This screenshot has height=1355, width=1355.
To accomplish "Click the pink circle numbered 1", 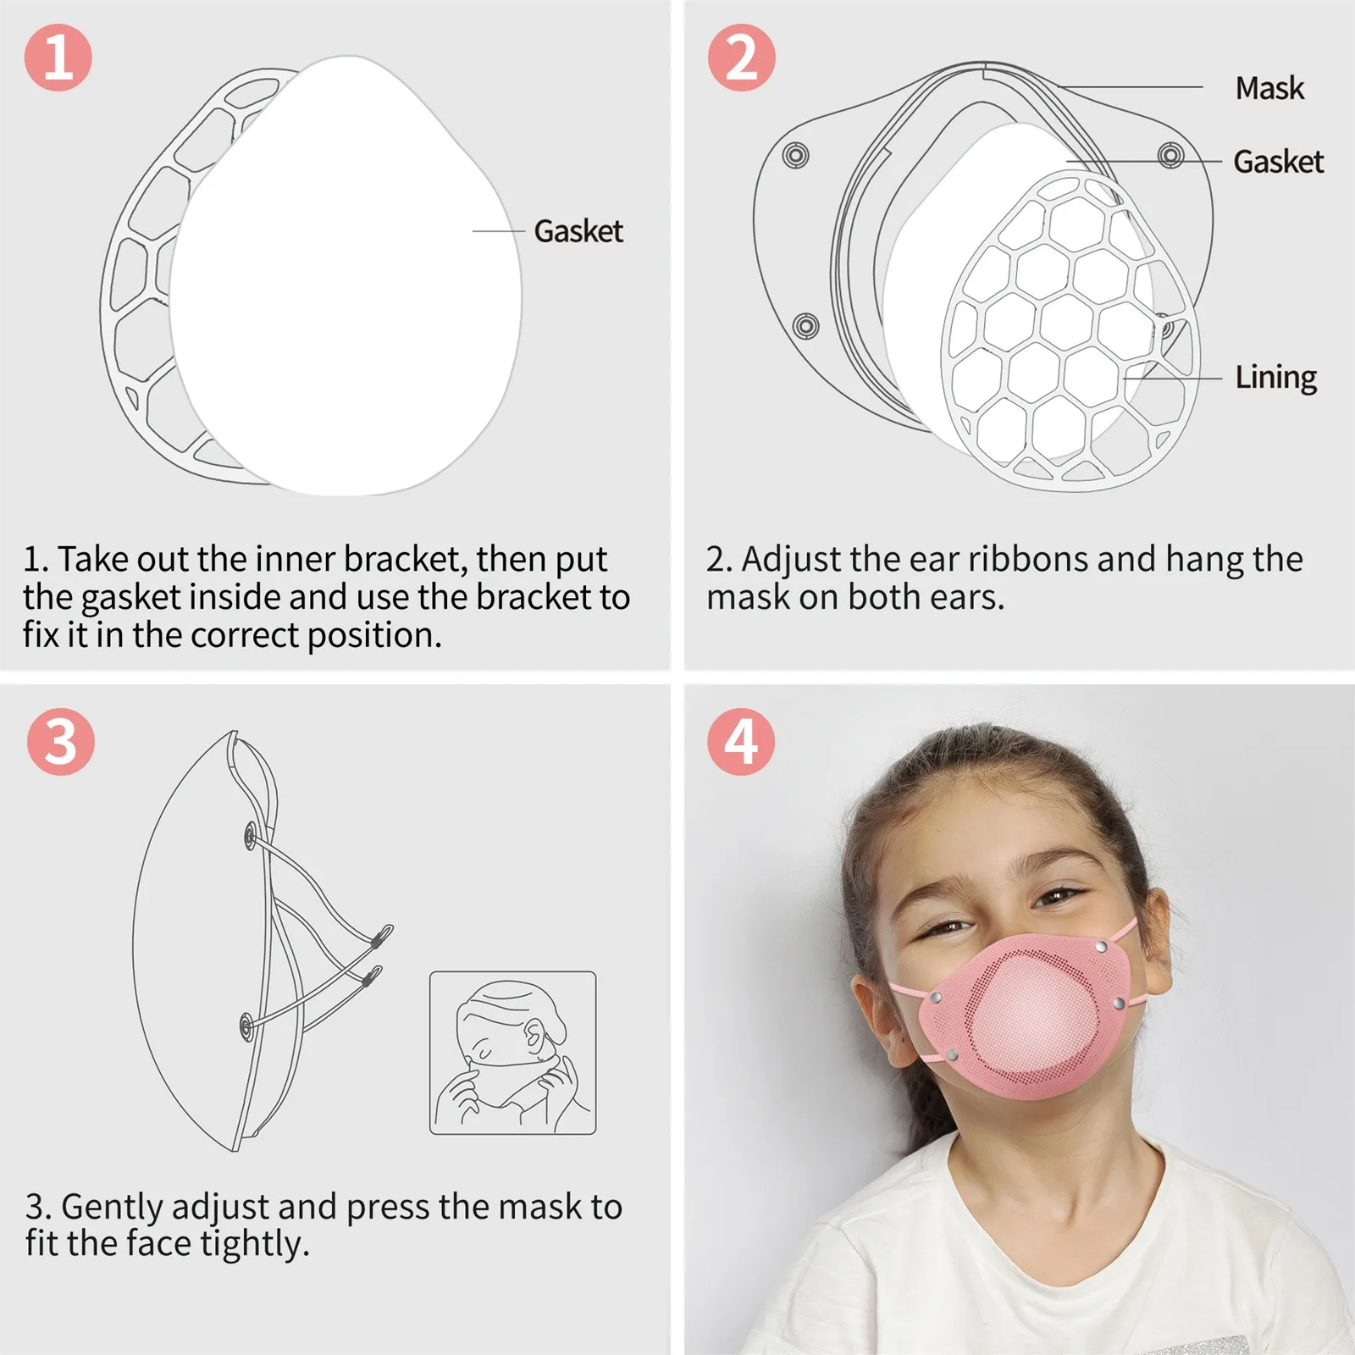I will [x=58, y=58].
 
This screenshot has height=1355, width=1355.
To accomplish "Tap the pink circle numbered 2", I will [x=741, y=58].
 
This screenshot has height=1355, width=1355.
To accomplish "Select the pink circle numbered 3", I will [x=60, y=742].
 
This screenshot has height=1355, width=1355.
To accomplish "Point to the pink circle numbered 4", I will [x=741, y=742].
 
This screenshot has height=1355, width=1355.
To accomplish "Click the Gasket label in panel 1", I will [x=578, y=231].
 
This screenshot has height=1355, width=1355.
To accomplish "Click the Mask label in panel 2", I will [x=1269, y=88].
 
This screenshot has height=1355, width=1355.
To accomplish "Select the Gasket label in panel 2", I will [x=1278, y=162].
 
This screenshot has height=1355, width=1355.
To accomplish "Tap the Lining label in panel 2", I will [x=1275, y=378].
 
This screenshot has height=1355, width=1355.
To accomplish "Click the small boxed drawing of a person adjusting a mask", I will [x=513, y=1053].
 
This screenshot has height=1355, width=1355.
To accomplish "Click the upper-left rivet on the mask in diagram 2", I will [x=795, y=155].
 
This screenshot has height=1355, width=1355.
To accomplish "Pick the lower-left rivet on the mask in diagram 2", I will [x=805, y=325].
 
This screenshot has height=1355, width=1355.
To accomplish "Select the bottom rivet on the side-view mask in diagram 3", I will [x=245, y=1027].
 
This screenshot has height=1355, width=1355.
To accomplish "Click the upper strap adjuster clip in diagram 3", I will [x=382, y=935].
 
